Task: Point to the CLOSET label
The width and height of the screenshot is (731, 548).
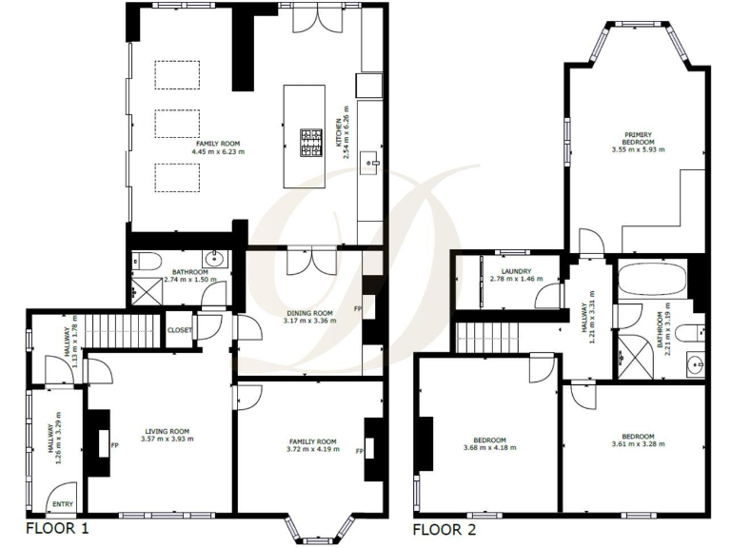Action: pos(180,330)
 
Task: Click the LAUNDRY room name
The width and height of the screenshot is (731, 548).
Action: pos(509,271)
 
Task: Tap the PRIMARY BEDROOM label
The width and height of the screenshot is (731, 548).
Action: pos(638,138)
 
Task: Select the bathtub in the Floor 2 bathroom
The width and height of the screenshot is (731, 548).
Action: pos(650,280)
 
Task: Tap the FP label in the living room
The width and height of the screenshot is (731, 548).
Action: pos(113,445)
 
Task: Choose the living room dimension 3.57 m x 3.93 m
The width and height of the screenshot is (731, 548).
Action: pos(168,439)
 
